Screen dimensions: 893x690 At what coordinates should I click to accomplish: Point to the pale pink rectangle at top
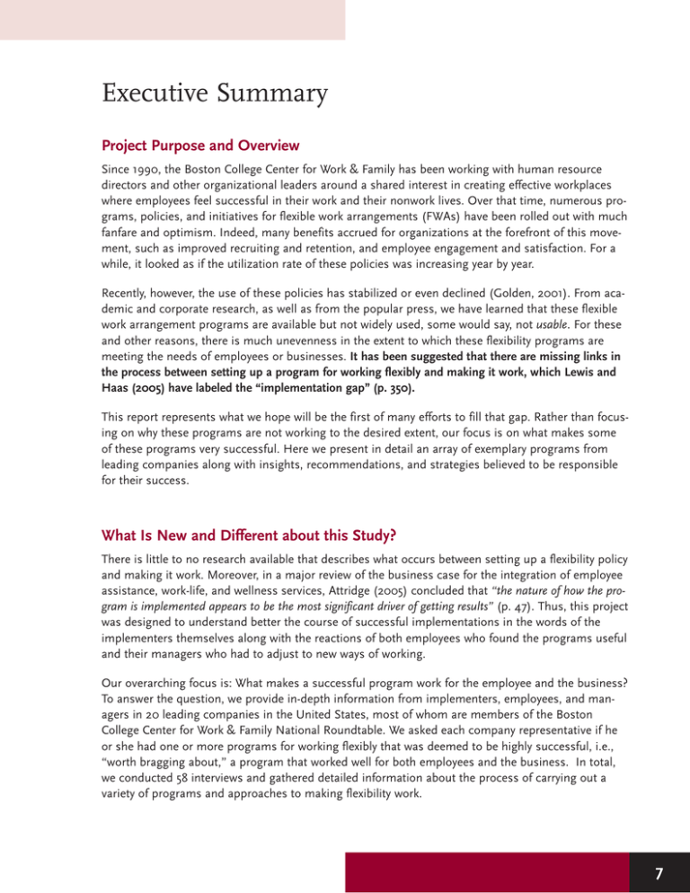pyautogui.click(x=172, y=19)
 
